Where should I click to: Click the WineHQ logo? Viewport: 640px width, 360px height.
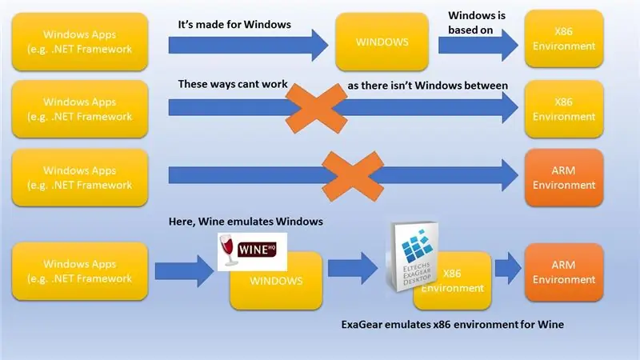(x=252, y=251)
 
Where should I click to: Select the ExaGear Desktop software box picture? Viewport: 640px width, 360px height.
(x=413, y=256)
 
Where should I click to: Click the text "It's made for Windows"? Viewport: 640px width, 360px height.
(x=234, y=25)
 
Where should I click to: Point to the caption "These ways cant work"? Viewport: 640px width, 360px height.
(x=233, y=84)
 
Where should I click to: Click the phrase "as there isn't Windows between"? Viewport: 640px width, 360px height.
(x=428, y=86)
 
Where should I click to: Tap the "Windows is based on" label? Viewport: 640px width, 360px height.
(x=477, y=22)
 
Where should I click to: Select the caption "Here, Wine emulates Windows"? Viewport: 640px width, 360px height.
(x=246, y=222)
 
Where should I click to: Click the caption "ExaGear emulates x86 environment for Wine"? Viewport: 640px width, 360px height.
(x=453, y=325)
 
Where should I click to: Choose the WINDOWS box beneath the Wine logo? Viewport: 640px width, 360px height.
(x=276, y=285)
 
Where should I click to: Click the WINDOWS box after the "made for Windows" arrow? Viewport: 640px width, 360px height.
(x=382, y=42)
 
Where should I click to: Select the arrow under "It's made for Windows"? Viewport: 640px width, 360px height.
(x=248, y=45)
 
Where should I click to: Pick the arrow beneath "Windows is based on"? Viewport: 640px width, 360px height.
(x=478, y=45)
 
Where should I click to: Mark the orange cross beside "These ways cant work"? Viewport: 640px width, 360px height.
(x=316, y=108)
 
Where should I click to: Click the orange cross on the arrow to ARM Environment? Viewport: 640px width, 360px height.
(x=353, y=176)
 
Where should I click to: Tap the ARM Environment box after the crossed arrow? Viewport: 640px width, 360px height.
(x=564, y=178)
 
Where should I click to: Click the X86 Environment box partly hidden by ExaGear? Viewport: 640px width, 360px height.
(x=462, y=282)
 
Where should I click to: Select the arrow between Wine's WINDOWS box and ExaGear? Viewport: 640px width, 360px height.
(x=353, y=269)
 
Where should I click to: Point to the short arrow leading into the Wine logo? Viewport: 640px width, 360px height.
(x=185, y=271)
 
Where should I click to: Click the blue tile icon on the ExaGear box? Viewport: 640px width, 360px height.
(x=417, y=245)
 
